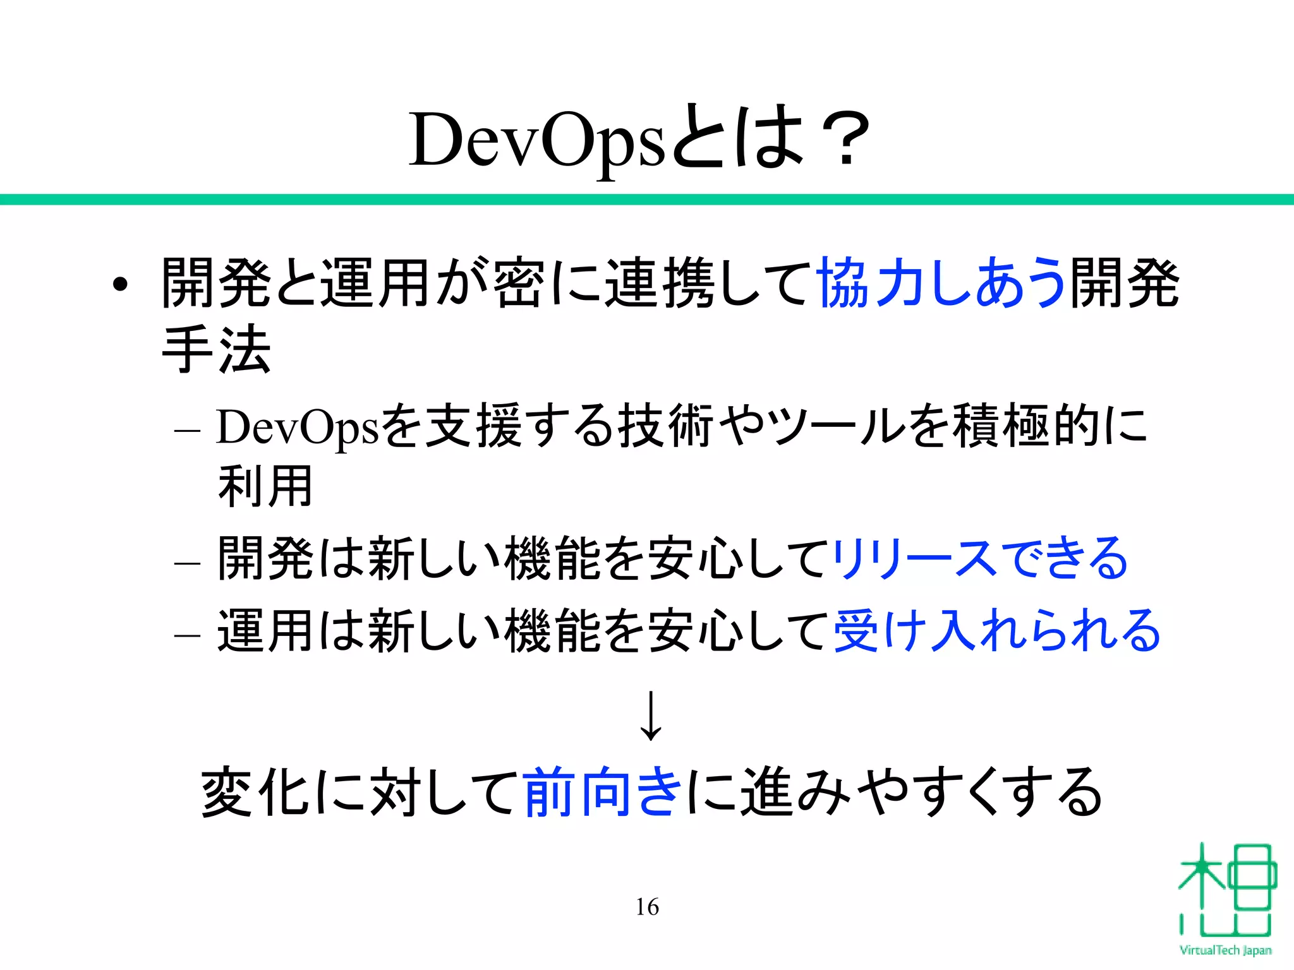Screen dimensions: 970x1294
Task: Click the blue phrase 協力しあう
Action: (941, 282)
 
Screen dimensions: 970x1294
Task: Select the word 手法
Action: (217, 349)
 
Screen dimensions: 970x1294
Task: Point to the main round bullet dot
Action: (120, 285)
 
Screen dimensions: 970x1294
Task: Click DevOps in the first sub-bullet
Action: (298, 428)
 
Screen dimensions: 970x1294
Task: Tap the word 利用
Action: (265, 486)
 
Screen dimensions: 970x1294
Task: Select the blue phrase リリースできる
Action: (979, 558)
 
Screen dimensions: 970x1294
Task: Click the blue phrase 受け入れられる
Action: (996, 630)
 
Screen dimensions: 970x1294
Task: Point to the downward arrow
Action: (650, 716)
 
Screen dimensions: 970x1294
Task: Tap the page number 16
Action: (647, 907)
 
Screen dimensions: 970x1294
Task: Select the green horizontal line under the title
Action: (647, 200)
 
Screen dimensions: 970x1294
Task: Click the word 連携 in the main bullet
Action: (660, 283)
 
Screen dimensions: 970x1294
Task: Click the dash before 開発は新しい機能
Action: (187, 562)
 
